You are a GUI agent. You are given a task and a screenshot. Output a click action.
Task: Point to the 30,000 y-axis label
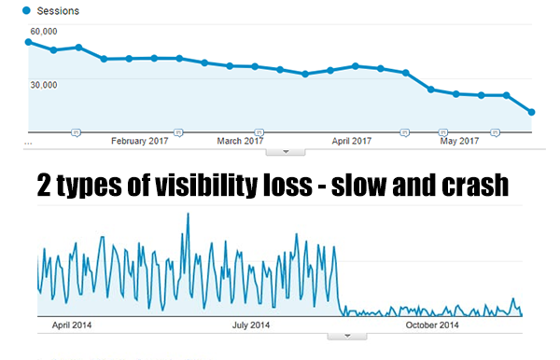(x=43, y=84)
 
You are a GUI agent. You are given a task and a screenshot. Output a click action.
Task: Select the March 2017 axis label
(x=241, y=141)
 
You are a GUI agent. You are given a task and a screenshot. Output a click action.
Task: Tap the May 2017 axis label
(x=459, y=141)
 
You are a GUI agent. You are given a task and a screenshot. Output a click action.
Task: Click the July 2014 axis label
(x=251, y=325)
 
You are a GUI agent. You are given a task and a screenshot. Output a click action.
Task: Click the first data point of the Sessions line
(x=28, y=42)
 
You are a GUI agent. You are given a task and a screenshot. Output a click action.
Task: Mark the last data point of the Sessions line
(x=531, y=112)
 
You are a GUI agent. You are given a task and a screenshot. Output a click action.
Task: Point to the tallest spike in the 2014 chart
(x=189, y=215)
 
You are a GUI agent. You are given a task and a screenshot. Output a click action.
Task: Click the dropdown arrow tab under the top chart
(x=287, y=150)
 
